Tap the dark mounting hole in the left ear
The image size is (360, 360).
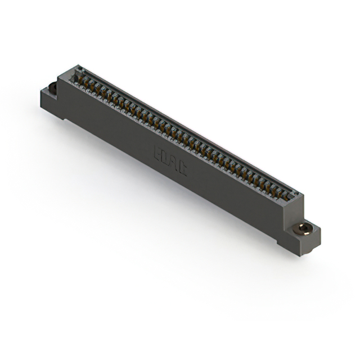(x=52, y=87)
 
